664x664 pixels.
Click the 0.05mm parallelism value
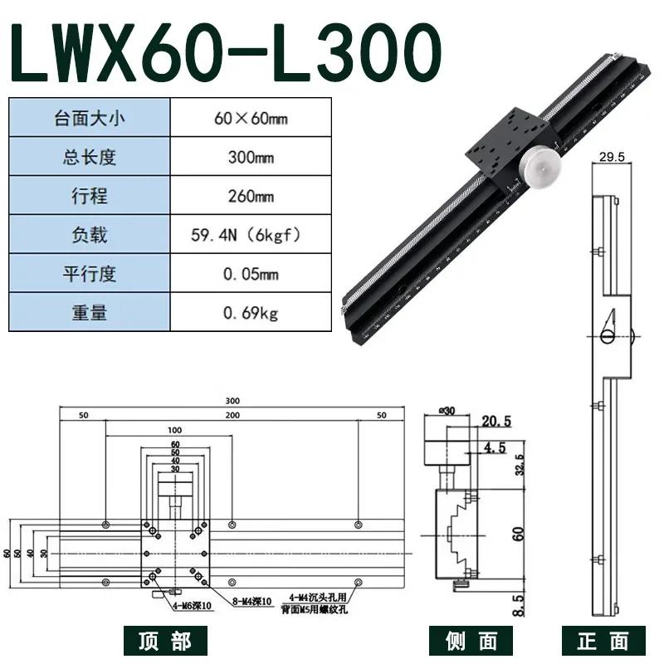coord(250,274)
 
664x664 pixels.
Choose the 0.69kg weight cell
coord(250,313)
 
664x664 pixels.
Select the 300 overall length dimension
coord(232,401)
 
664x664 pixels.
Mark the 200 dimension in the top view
coord(232,414)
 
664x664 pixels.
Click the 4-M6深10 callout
coord(193,605)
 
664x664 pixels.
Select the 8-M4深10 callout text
coord(253,601)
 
